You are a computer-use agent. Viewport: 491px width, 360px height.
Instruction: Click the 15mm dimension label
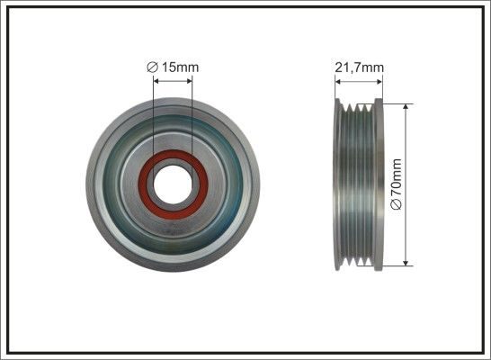tap(180, 67)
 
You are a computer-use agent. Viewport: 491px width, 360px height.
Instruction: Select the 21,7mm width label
tap(359, 67)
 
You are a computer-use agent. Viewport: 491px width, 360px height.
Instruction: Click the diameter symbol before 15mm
tap(152, 67)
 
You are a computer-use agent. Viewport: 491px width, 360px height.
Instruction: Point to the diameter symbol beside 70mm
tap(397, 204)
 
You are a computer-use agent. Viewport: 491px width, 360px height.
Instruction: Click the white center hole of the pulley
tap(173, 184)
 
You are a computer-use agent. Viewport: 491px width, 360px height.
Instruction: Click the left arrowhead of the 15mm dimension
tap(156, 81)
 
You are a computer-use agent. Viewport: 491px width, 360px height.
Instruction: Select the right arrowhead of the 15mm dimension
tap(189, 81)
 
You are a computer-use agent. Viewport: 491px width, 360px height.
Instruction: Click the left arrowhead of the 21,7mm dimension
tap(338, 82)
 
